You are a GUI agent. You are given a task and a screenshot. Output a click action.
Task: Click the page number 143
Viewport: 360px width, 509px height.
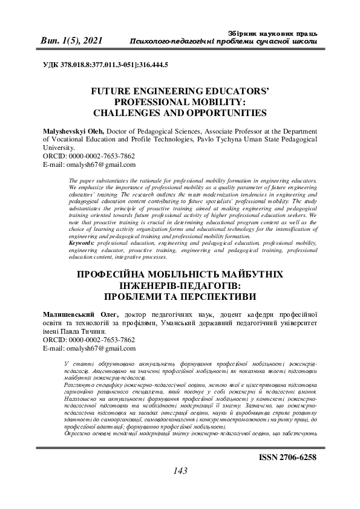(180, 487)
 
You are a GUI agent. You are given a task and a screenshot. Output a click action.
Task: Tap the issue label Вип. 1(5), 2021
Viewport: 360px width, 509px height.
(71, 41)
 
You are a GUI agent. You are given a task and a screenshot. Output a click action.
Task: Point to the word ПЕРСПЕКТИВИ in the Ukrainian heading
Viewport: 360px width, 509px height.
(212, 297)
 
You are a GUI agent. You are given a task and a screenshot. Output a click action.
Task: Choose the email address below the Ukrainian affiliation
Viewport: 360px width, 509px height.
(99, 349)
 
